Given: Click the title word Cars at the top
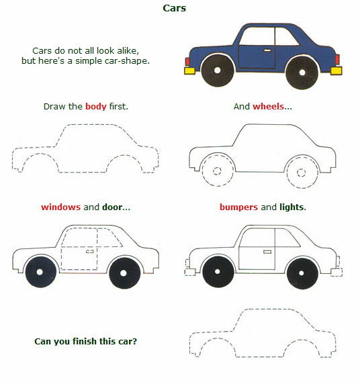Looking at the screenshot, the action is point(174,8).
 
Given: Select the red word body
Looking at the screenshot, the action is point(96,107).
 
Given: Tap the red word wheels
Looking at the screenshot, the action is point(268,107).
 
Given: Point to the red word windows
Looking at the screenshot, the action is point(60,207).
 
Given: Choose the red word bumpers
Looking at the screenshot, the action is point(238,207).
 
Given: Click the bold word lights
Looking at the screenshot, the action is point(291,207).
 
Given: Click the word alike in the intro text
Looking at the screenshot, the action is point(128,50).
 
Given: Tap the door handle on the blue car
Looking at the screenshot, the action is point(267,50).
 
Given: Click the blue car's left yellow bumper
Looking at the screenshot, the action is point(189,70).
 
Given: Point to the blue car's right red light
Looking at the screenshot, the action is point(337,59).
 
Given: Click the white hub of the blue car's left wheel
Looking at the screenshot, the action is point(217,70).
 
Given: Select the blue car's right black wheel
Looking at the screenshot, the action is point(302,73).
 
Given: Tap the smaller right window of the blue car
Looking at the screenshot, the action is point(286,36).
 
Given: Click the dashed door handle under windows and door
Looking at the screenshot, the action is point(90,251).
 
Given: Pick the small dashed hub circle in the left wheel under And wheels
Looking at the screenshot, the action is point(217,171).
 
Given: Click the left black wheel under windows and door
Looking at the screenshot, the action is point(40,272).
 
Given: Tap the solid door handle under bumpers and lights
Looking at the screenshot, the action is point(267,252).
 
